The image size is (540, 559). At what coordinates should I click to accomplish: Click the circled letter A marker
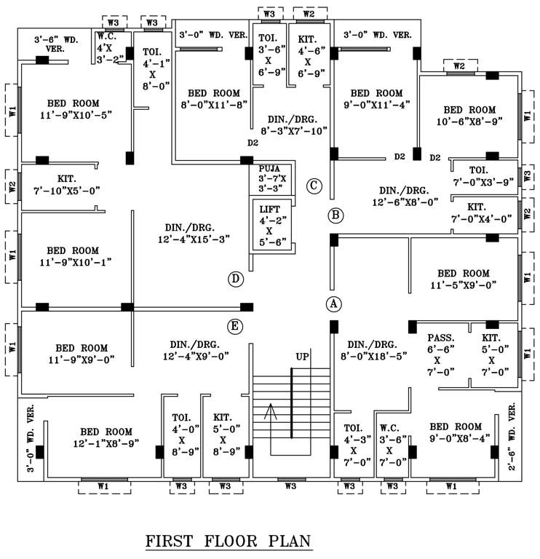point(334,304)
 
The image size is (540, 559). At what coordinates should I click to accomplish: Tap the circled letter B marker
point(335,215)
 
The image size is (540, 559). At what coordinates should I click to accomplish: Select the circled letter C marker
point(314,186)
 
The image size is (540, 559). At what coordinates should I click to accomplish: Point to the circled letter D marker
point(234,279)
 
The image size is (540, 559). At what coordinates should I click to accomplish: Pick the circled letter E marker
point(234,327)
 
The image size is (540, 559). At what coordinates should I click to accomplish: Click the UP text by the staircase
point(302,357)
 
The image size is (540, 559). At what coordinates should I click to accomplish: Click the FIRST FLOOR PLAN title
point(229,542)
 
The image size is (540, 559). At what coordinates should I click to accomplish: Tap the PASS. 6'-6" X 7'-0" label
point(440,354)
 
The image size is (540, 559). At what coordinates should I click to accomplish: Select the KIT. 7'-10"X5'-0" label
point(68,184)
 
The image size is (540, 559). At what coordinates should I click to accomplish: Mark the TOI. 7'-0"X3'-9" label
point(483,175)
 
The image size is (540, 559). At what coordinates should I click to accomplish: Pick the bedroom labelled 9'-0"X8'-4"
point(455,432)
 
